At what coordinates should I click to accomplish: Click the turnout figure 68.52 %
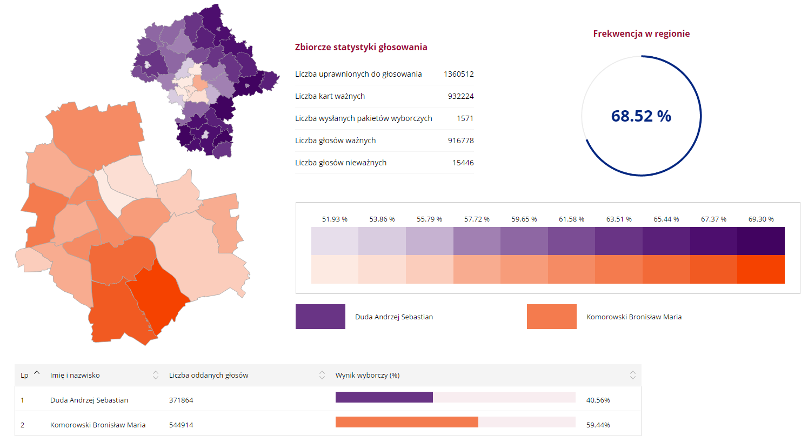(x=641, y=116)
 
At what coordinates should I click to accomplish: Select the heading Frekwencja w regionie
(x=641, y=34)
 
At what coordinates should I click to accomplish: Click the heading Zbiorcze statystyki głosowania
(x=361, y=47)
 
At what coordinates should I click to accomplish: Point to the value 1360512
(x=458, y=74)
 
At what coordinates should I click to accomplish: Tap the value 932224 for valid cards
(x=460, y=96)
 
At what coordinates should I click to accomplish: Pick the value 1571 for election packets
(x=465, y=118)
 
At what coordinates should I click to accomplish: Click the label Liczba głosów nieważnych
(x=340, y=163)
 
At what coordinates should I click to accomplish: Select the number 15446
(x=463, y=163)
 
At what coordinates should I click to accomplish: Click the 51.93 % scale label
(x=335, y=219)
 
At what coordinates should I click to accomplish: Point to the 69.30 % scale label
(x=761, y=219)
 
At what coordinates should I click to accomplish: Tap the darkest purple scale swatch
(x=760, y=241)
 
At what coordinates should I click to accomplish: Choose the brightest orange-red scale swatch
(x=760, y=269)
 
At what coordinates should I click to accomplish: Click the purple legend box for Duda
(x=320, y=317)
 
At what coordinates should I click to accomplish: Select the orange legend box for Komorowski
(x=551, y=317)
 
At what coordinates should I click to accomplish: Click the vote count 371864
(x=181, y=400)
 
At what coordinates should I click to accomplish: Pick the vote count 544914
(x=181, y=425)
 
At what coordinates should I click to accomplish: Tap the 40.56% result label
(x=598, y=400)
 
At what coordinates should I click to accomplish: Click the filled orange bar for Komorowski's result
(x=406, y=422)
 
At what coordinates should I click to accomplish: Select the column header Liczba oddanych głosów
(x=209, y=376)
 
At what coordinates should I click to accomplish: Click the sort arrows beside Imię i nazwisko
(x=156, y=375)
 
